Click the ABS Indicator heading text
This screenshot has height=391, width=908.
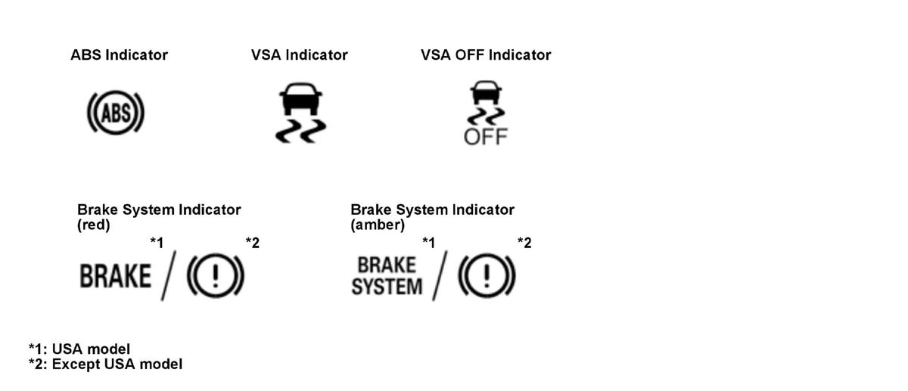[120, 55]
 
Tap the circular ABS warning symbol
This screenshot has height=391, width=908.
[116, 112]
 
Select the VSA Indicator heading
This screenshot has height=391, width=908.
[299, 55]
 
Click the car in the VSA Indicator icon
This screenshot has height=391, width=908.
[301, 98]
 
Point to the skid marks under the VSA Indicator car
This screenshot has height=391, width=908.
[301, 131]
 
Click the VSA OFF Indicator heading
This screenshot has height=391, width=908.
[486, 55]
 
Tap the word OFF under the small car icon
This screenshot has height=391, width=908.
[486, 137]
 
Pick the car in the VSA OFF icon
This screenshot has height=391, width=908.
[486, 93]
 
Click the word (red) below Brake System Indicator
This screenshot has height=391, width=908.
[94, 225]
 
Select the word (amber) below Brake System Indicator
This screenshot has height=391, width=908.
[378, 225]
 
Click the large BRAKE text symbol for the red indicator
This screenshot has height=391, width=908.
[116, 276]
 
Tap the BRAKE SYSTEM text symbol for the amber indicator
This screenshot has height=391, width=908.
[387, 276]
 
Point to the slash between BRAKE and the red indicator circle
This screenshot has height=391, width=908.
[169, 275]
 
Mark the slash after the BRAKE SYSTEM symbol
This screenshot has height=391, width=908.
[440, 275]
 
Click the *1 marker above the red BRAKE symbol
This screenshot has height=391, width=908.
[157, 243]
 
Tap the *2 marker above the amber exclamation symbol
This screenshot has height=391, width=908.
[524, 243]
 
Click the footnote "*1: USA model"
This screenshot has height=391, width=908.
[79, 349]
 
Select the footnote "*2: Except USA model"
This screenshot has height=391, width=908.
[105, 365]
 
